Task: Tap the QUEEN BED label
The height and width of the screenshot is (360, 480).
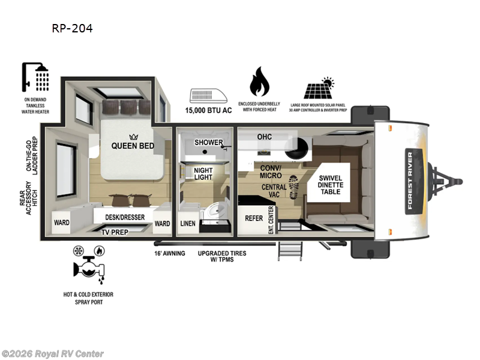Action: tap(133, 146)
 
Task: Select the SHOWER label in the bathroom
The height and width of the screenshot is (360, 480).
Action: tap(208, 143)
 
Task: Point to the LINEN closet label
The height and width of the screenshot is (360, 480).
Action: tap(188, 224)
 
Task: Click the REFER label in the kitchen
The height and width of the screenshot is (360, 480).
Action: tap(254, 218)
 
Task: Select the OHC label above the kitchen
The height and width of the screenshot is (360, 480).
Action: tap(265, 137)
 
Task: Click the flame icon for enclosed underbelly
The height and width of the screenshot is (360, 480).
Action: tap(259, 83)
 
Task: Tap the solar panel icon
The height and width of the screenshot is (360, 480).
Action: tap(319, 89)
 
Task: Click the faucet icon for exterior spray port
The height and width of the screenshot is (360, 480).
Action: tap(88, 268)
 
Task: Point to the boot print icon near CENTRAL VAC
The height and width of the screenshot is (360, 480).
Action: tap(294, 187)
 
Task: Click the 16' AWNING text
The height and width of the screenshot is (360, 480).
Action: tap(170, 254)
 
